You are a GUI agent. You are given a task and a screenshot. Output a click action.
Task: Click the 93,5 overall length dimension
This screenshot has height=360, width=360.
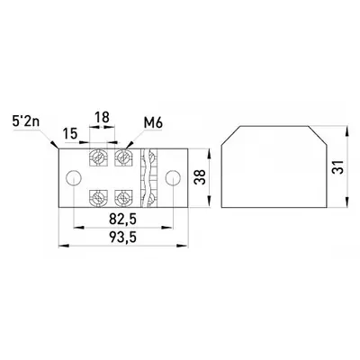pyautogui.click(x=123, y=238)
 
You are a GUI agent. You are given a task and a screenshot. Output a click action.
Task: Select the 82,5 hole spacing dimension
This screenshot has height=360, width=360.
pyautogui.click(x=123, y=219)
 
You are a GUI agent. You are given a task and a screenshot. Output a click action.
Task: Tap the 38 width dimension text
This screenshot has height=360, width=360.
pyautogui.click(x=200, y=177)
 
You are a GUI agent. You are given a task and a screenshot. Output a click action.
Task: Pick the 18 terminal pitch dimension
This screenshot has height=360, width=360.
pyautogui.click(x=102, y=117)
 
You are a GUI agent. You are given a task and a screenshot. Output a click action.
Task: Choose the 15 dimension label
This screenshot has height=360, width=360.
pyautogui.click(x=70, y=133)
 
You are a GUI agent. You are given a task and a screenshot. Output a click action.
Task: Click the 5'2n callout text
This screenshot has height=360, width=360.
pyautogui.click(x=26, y=121)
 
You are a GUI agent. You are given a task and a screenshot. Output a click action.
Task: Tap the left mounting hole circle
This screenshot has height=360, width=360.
pyautogui.click(x=74, y=178)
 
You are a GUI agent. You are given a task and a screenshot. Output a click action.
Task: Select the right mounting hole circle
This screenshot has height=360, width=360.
pyautogui.click(x=173, y=178)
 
